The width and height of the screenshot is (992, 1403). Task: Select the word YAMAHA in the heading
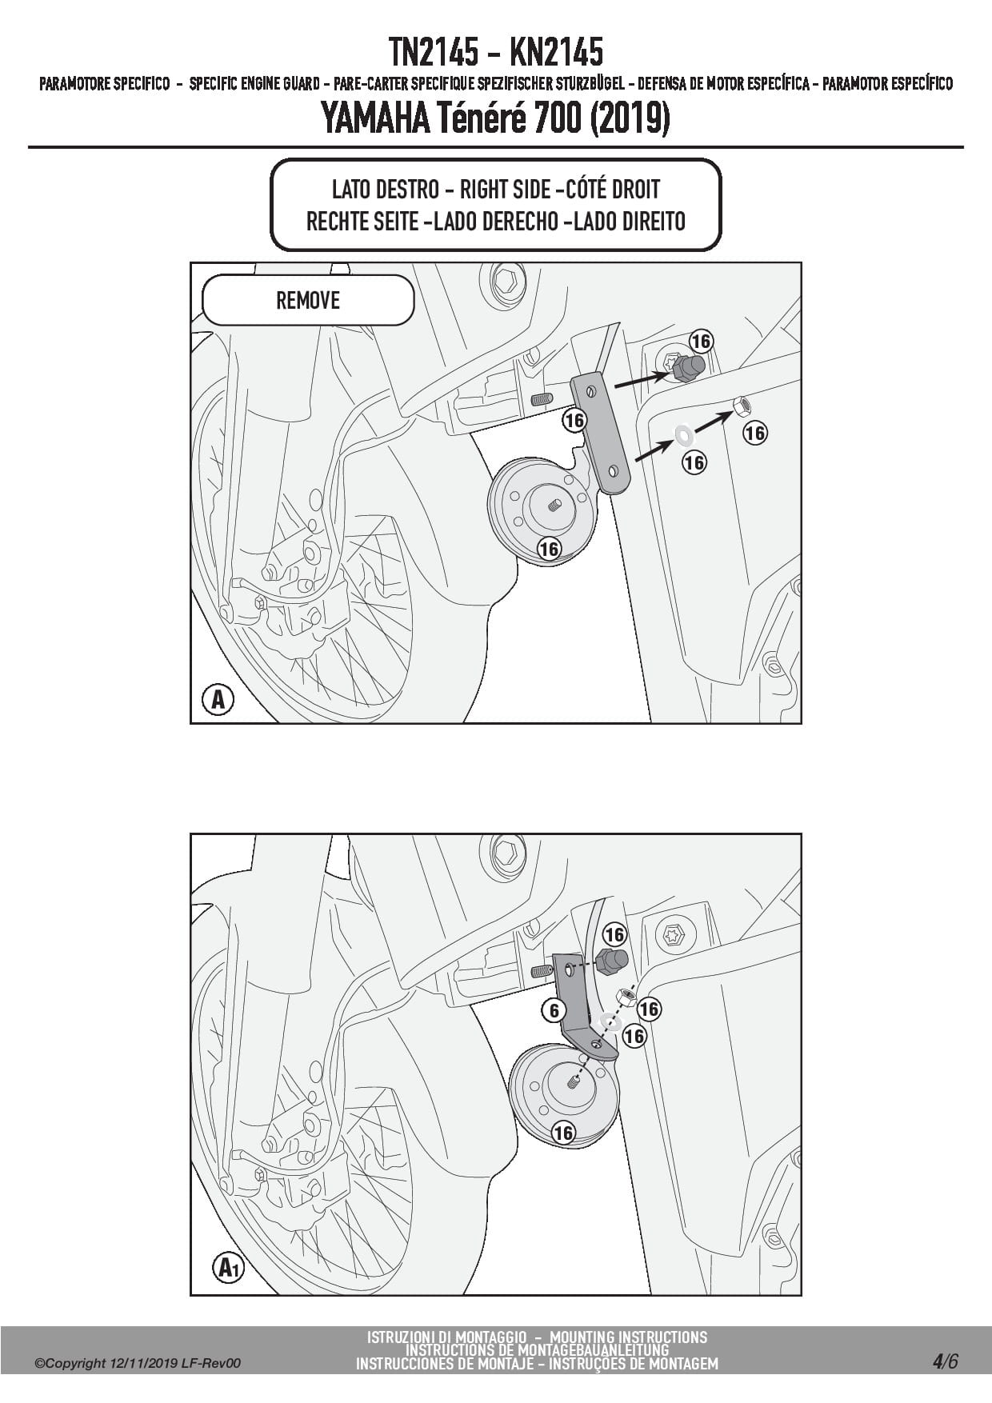374,119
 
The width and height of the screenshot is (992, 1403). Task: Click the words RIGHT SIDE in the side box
505,190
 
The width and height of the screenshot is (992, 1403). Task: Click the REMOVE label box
308,300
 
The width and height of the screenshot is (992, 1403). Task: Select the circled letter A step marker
218,700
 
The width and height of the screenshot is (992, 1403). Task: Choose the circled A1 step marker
228,1269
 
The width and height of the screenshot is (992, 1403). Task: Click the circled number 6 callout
554,1010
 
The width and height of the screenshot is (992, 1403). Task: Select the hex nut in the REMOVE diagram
742,406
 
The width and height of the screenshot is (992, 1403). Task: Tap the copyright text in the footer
138,1364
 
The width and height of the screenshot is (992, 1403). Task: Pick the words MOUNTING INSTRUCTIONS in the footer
628,1337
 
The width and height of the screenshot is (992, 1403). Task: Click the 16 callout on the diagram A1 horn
563,1133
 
